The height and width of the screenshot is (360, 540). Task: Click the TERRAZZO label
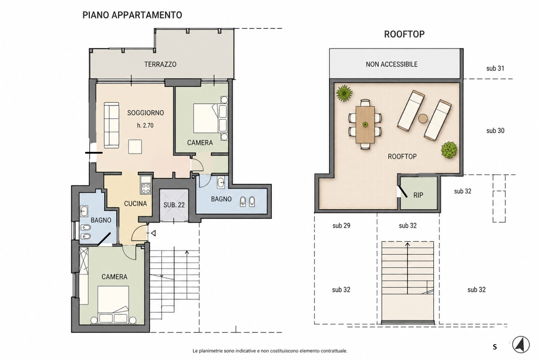tap(160, 64)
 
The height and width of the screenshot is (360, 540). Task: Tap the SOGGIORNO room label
tap(145, 113)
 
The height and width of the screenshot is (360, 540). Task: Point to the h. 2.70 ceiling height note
tap(145, 125)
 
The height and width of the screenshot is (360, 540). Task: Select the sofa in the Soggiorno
tap(111, 125)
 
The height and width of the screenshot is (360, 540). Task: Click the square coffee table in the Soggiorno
tap(135, 147)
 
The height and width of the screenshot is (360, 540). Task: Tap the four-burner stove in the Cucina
tap(146, 189)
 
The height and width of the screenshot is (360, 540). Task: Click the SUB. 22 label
tap(174, 205)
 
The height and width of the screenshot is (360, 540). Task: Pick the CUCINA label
tap(135, 204)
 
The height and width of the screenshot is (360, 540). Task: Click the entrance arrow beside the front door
tap(153, 233)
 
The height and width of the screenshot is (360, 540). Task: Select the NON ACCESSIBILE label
tap(392, 64)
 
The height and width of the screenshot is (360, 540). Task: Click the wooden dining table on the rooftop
tap(365, 125)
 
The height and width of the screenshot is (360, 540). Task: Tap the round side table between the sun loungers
tap(423, 119)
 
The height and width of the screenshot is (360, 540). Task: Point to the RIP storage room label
tap(418, 195)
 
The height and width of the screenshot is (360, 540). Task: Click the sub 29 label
tap(341, 226)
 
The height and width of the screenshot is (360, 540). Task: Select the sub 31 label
tap(495, 68)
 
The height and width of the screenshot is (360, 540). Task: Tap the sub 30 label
tap(495, 131)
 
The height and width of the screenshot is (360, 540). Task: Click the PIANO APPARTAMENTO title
tap(132, 15)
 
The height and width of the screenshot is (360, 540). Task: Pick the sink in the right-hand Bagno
tap(221, 183)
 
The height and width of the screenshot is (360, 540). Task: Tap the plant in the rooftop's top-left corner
tap(345, 93)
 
